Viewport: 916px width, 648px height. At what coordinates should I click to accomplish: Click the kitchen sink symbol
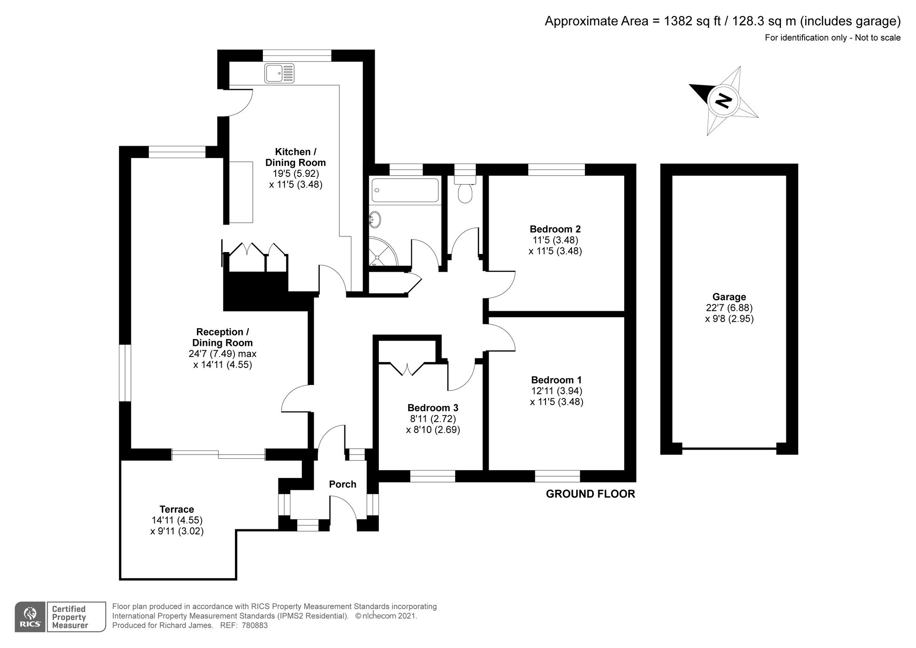(x=279, y=73)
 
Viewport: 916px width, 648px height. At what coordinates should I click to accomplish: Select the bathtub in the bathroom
(x=405, y=190)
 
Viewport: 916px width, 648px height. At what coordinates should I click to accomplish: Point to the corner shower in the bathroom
(x=383, y=252)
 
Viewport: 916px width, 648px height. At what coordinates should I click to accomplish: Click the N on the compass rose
(x=724, y=100)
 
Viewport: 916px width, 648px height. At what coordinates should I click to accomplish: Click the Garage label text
(x=729, y=297)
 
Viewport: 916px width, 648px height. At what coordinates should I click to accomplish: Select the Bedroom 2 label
(x=555, y=229)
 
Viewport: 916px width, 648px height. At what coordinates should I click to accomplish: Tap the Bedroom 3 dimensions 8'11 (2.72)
(x=432, y=418)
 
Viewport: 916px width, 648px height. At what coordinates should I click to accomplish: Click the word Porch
(x=343, y=484)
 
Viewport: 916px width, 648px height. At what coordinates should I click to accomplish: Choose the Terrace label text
(x=177, y=509)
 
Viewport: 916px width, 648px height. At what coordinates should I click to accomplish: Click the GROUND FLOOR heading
(x=590, y=494)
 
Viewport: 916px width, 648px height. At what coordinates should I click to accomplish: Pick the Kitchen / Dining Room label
(x=295, y=157)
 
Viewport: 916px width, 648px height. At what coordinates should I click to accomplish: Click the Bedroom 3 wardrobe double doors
(x=407, y=369)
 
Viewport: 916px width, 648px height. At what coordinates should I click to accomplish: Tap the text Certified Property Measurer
(x=69, y=617)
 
